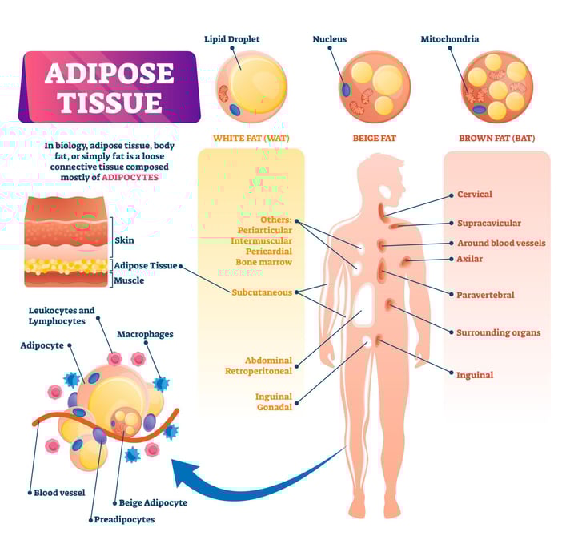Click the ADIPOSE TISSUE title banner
point(108,87)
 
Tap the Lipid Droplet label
point(232,39)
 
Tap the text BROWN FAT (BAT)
point(496,138)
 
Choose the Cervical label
point(474,194)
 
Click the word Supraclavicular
point(488,224)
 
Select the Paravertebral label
point(485,295)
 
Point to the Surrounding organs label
point(498,332)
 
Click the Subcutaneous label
point(262,292)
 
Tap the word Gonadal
point(274,409)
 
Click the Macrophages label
point(145,334)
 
